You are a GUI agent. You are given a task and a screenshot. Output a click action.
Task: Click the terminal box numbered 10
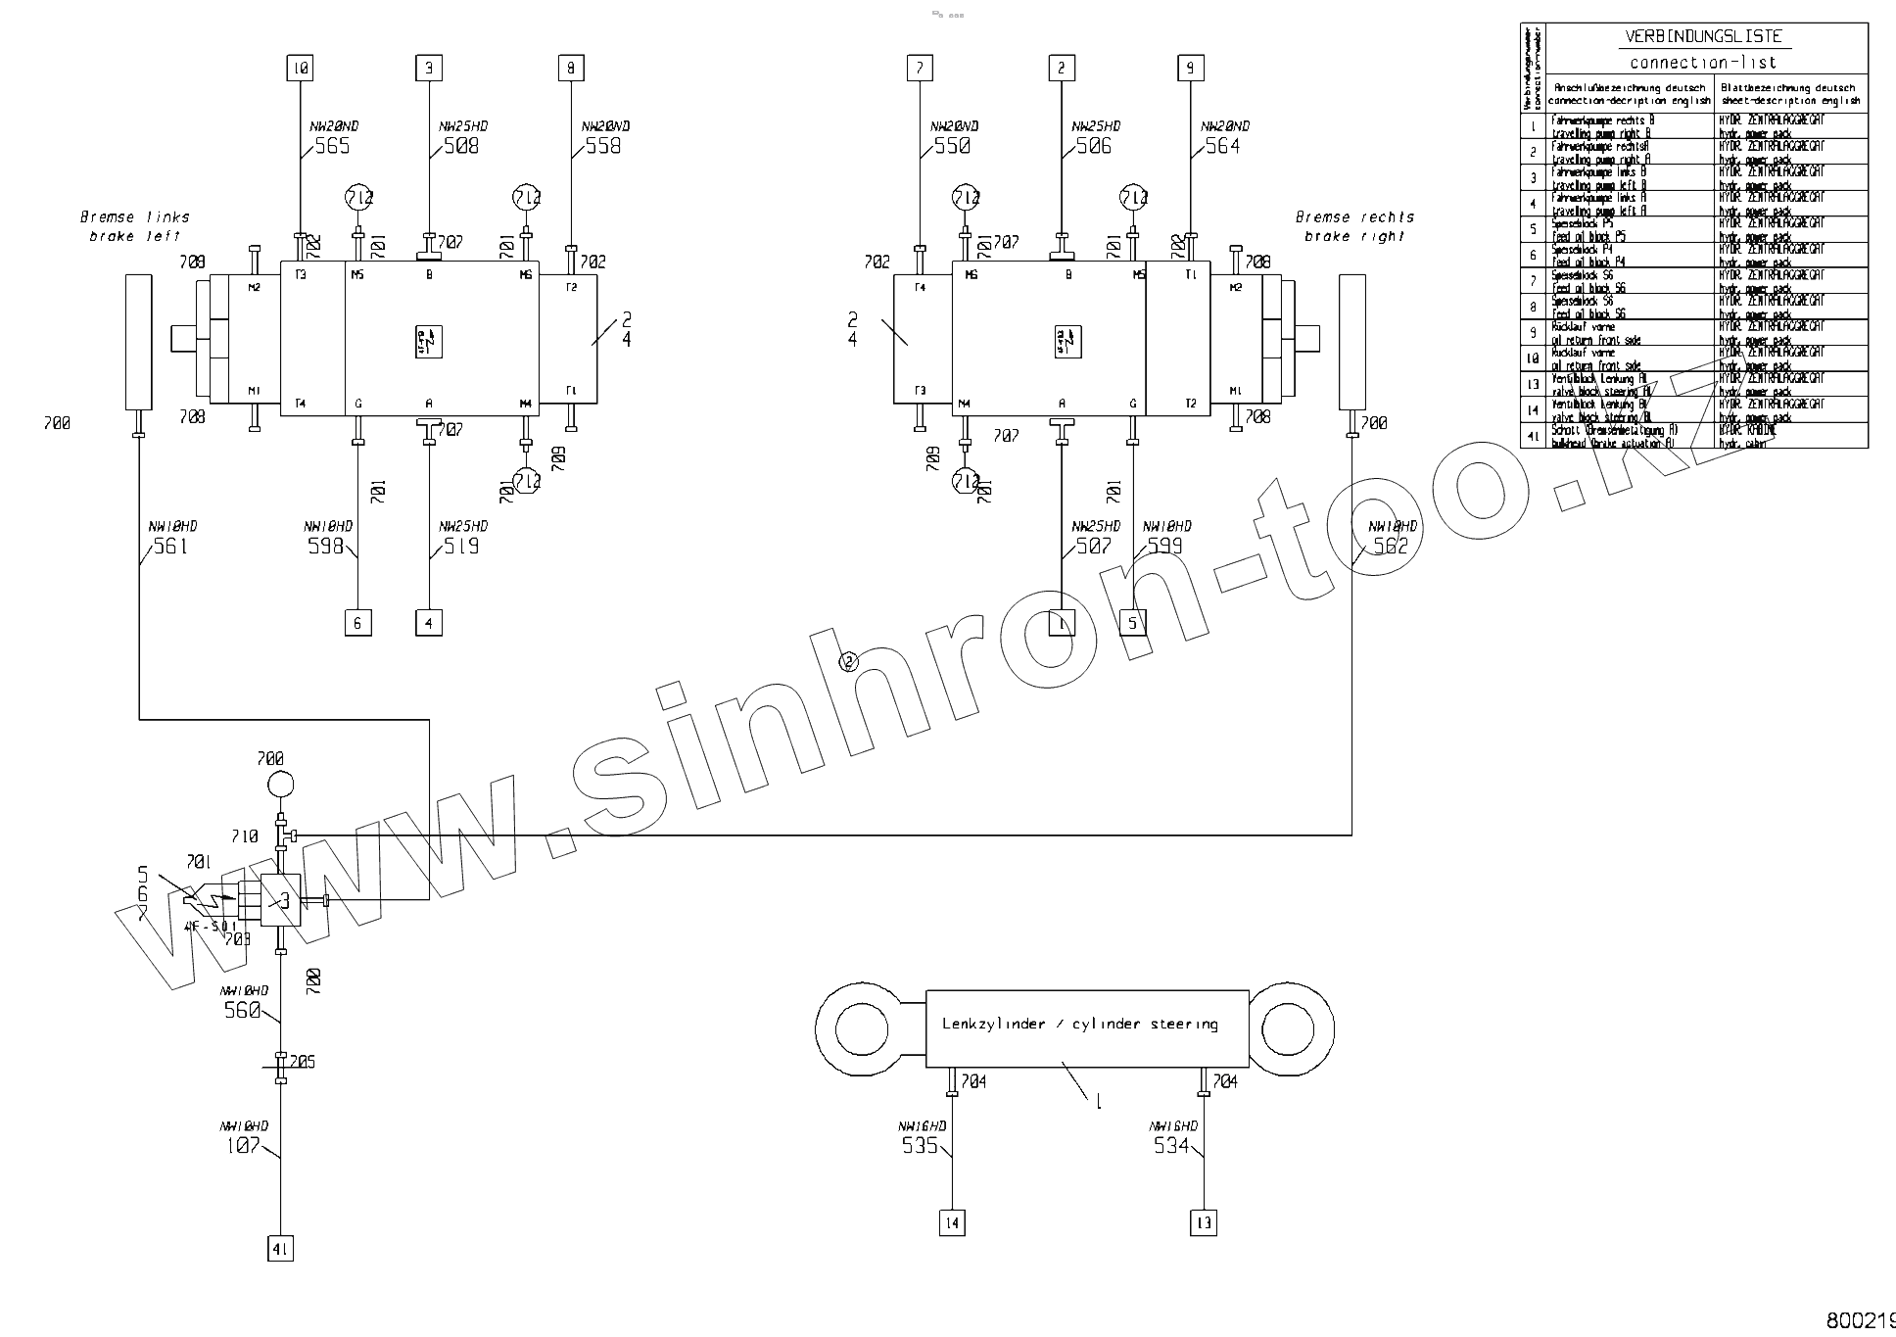click(300, 69)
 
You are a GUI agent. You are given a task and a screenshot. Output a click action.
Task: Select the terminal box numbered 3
click(429, 69)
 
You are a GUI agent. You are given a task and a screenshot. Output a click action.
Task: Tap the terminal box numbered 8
click(571, 69)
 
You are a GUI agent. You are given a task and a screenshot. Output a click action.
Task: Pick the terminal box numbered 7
click(920, 69)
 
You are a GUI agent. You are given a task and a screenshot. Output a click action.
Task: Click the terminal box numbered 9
click(1190, 69)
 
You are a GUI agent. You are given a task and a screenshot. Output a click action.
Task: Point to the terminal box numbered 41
click(280, 1249)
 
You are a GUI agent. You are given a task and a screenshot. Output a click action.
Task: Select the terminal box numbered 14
click(952, 1222)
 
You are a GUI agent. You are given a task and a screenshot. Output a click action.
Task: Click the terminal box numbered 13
click(1204, 1222)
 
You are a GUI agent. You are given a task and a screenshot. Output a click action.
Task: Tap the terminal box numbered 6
click(358, 623)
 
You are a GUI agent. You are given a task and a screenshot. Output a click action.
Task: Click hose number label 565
click(332, 147)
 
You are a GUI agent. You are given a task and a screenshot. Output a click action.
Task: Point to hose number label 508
click(461, 147)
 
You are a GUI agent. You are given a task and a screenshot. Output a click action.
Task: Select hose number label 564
click(1222, 147)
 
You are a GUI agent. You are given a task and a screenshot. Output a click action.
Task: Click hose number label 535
click(920, 1145)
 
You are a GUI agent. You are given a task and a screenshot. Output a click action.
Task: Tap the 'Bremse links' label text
click(135, 217)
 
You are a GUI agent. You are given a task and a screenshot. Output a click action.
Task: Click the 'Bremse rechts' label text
click(1354, 217)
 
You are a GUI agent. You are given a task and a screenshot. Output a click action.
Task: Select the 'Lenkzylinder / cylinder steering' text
click(1080, 1025)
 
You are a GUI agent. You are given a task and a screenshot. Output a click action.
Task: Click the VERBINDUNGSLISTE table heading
click(1704, 36)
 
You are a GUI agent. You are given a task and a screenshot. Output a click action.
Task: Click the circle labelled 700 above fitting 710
click(280, 785)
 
